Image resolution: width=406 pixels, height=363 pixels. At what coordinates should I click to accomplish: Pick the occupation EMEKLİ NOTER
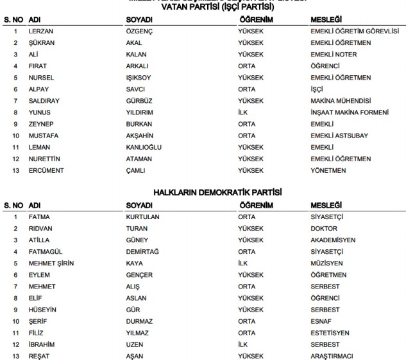(333, 55)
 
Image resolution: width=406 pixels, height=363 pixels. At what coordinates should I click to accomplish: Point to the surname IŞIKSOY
(139, 78)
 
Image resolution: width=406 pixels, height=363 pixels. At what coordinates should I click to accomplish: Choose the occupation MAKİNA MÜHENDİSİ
(341, 101)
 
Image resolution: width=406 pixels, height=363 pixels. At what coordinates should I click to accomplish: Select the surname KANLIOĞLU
(144, 147)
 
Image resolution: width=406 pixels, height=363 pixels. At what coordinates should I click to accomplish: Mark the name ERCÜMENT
(44, 170)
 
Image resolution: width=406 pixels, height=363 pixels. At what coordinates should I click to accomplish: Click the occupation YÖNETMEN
(328, 170)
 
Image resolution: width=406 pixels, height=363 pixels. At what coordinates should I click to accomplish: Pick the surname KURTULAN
(142, 217)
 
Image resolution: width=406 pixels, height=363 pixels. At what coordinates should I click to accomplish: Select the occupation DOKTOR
(324, 228)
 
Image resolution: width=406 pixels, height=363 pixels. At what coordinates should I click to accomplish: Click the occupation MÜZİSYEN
(326, 263)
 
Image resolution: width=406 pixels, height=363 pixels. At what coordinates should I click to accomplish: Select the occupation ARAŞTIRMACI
(333, 355)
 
